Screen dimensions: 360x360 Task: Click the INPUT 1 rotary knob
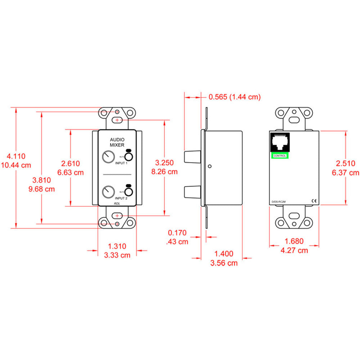(x=107, y=157)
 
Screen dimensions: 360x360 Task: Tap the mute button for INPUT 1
(x=129, y=157)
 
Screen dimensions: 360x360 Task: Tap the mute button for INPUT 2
(x=129, y=191)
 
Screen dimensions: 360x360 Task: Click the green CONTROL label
(x=280, y=156)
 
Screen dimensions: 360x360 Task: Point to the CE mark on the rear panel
(x=313, y=201)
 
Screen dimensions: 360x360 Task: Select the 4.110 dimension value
(x=17, y=156)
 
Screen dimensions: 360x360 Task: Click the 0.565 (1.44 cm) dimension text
(x=234, y=97)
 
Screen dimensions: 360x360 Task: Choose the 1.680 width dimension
(x=294, y=241)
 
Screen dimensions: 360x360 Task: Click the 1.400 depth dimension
(x=224, y=254)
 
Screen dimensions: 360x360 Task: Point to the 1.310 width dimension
(x=117, y=247)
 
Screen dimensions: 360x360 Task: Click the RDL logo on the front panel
(x=117, y=203)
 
